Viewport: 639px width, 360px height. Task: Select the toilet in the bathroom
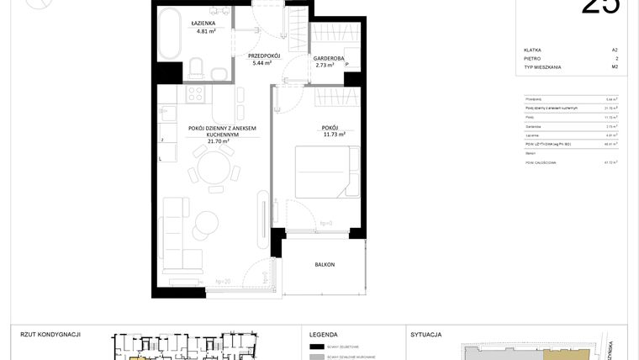click(x=195, y=66)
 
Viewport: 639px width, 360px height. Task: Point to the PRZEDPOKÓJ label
click(x=263, y=56)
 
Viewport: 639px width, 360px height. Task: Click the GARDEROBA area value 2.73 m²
click(x=325, y=65)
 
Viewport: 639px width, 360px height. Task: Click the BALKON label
click(x=325, y=265)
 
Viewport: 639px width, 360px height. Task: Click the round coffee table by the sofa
click(x=204, y=225)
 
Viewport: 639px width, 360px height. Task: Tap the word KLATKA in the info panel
click(x=532, y=50)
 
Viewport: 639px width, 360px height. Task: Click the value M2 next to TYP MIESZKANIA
click(x=615, y=66)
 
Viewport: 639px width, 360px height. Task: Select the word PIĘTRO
click(x=531, y=58)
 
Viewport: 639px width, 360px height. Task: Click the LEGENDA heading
click(x=324, y=334)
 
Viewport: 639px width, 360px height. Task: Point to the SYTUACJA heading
click(x=426, y=334)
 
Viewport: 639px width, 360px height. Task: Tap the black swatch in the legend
click(x=317, y=347)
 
